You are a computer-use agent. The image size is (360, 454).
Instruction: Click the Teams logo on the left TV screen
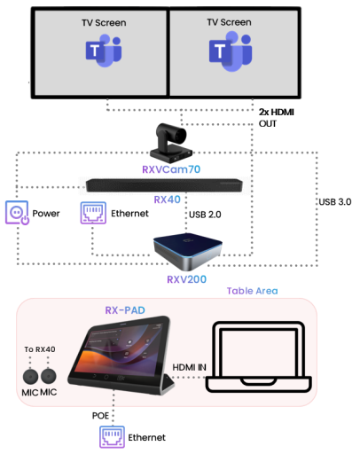[x=104, y=51]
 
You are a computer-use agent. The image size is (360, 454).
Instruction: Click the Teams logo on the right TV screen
[x=231, y=51]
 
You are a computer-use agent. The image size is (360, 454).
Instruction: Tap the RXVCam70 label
[x=171, y=169]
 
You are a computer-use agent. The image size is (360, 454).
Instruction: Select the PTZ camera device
[x=171, y=143]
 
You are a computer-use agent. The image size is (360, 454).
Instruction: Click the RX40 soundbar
[x=164, y=185]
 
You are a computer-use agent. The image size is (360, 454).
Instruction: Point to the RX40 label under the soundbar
[x=167, y=200]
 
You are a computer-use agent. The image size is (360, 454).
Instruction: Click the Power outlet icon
[x=17, y=213]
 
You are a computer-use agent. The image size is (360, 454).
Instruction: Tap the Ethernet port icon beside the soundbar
[x=93, y=213]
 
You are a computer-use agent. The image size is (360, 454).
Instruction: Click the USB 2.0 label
[x=205, y=215]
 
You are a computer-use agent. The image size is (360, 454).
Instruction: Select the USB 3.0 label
[x=335, y=202]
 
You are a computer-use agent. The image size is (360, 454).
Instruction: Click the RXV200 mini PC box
[x=188, y=251]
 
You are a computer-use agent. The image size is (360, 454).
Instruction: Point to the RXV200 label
[x=186, y=279]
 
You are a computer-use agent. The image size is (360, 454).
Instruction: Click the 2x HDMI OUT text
[x=277, y=118]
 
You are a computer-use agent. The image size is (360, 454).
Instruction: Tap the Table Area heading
[x=252, y=291]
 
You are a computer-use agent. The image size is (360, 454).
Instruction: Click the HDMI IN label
[x=189, y=367]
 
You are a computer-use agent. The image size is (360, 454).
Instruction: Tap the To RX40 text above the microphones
[x=40, y=349]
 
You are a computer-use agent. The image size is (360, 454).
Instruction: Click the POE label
[x=100, y=416]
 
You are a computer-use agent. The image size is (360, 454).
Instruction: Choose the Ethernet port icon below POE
[x=112, y=437]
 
